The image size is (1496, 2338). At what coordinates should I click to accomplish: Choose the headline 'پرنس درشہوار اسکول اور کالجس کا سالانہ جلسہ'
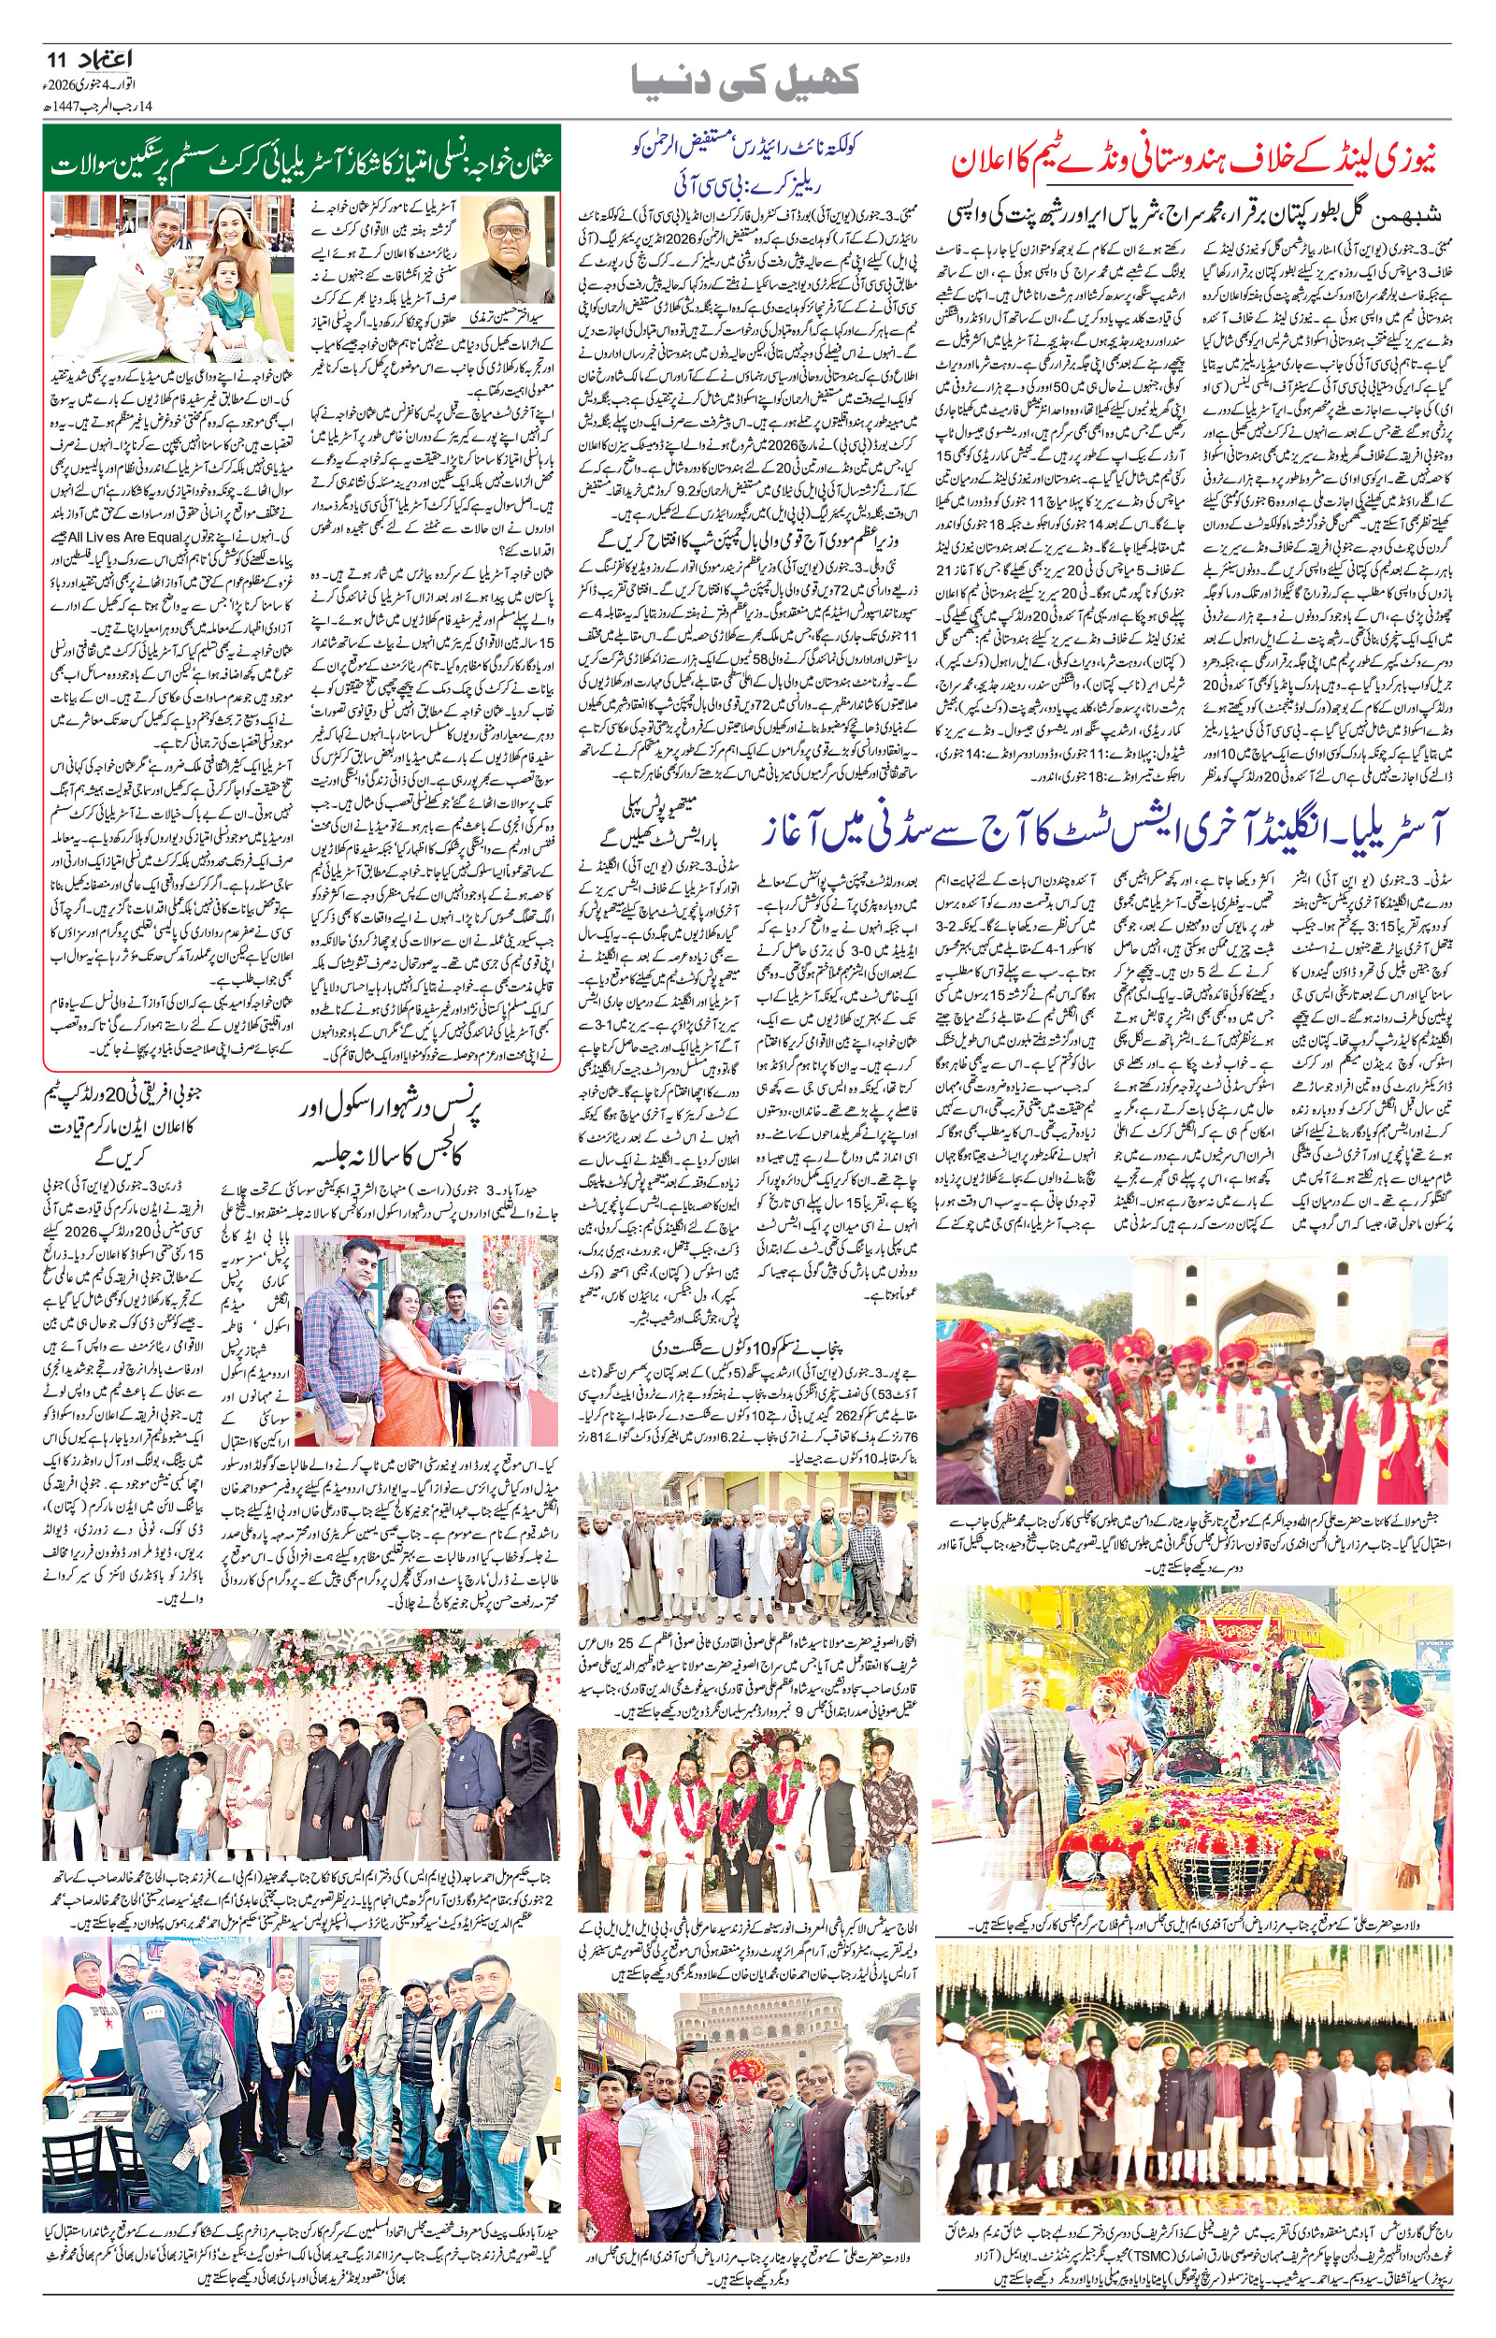click(397, 1133)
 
